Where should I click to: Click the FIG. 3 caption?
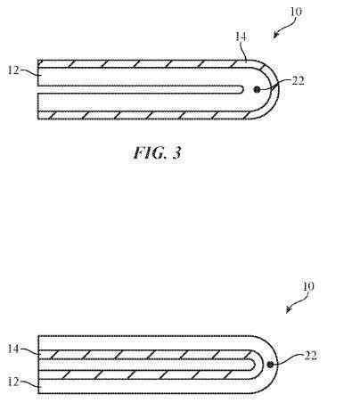click(x=157, y=152)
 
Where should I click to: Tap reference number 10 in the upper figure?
click(x=296, y=12)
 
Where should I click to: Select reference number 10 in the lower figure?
click(x=307, y=286)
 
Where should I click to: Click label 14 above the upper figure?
click(x=241, y=37)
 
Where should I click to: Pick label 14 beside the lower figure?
click(x=13, y=349)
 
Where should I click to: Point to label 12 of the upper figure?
click(x=13, y=70)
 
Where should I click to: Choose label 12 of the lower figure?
click(x=13, y=382)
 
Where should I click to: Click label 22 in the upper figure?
click(x=298, y=80)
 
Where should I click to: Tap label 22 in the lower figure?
click(x=311, y=355)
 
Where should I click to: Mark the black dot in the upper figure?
click(x=257, y=89)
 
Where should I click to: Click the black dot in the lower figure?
click(x=270, y=365)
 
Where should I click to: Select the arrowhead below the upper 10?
click(x=275, y=36)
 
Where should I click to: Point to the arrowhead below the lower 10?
click(x=288, y=310)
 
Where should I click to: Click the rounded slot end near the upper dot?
click(x=243, y=89)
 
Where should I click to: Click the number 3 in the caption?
click(x=176, y=152)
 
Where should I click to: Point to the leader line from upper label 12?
click(x=29, y=71)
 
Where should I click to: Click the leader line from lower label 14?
click(x=29, y=350)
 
